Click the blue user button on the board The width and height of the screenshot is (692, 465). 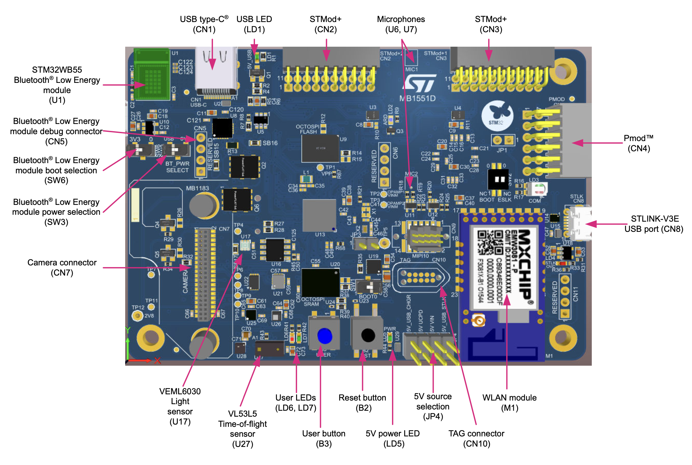pyautogui.click(x=325, y=336)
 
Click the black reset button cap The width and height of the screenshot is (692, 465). pyautogui.click(x=368, y=335)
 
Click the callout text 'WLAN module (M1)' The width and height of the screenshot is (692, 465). pyautogui.click(x=509, y=403)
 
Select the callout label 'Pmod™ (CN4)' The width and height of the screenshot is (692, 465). pyautogui.click(x=638, y=143)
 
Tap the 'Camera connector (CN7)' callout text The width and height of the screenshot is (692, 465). pyautogui.click(x=62, y=267)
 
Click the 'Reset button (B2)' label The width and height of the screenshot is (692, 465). pyautogui.click(x=362, y=403)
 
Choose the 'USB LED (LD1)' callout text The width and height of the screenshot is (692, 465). pyautogui.click(x=254, y=24)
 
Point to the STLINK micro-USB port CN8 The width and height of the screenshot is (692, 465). pyautogui.click(x=580, y=223)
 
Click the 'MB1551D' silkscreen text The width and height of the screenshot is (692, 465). pyautogui.click(x=417, y=98)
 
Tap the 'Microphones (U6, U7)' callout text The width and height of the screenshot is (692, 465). pyautogui.click(x=401, y=24)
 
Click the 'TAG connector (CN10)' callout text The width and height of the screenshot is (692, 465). pyautogui.click(x=476, y=438)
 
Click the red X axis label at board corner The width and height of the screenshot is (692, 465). pyautogui.click(x=157, y=360)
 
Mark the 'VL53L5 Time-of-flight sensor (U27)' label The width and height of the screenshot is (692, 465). pyautogui.click(x=242, y=428)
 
